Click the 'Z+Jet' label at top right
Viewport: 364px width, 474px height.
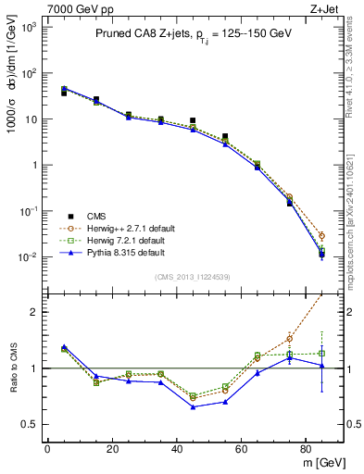327,8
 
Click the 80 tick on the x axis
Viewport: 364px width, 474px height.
306,449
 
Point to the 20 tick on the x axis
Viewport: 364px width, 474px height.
111,449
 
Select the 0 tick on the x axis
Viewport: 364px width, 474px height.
47,449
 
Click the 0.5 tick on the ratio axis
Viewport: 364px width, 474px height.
30,425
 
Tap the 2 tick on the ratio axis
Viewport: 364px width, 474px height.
33,312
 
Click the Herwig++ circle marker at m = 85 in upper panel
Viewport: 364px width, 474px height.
321,235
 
